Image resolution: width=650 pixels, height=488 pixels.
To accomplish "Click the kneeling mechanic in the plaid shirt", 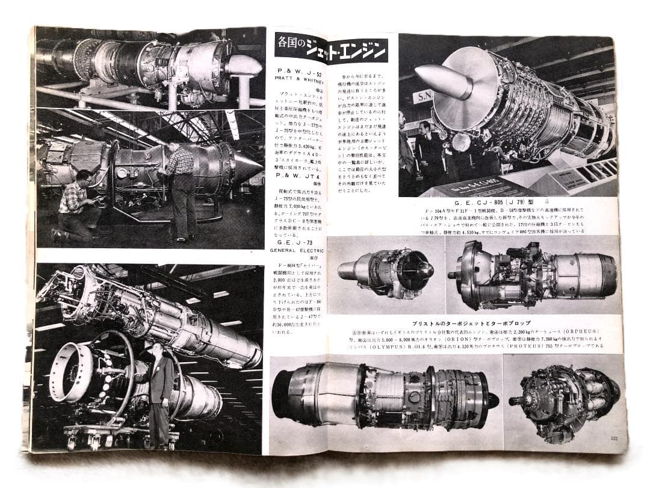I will (x=76, y=205).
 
